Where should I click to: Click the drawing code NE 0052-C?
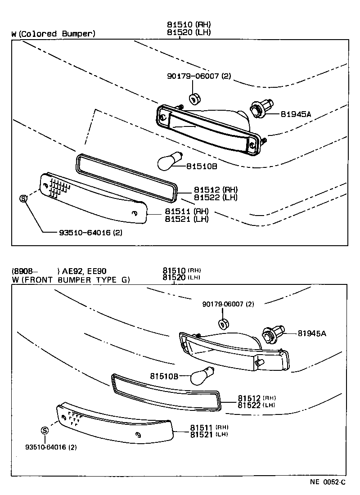coord(327,482)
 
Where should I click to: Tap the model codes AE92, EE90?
coord(84,271)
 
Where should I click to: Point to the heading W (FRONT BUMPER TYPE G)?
coord(71,280)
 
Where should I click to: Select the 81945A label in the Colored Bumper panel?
coord(296,114)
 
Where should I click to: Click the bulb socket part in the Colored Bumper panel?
coord(261,109)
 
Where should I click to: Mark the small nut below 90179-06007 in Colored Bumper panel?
coord(194,98)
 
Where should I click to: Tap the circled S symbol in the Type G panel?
coord(45,430)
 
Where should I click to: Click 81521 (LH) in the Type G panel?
coord(209,434)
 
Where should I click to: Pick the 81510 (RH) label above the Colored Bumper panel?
coord(189,25)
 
